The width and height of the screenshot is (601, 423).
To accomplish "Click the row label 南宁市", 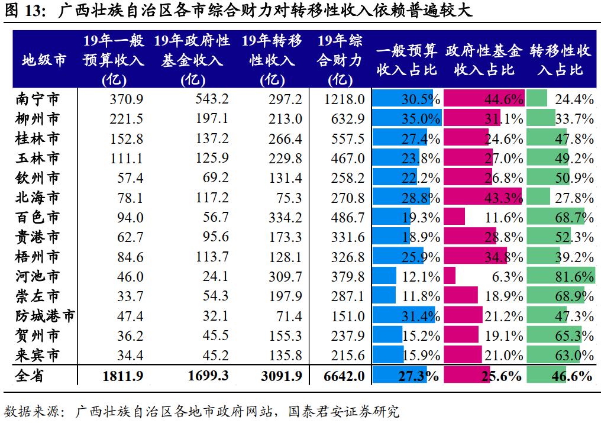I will click(x=37, y=99).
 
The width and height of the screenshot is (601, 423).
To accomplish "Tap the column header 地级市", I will click(x=44, y=60).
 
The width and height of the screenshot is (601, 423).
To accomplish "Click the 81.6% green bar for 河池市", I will click(x=560, y=276).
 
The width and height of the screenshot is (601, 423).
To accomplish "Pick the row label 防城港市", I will click(x=45, y=316).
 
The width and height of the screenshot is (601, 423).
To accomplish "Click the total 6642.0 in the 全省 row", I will click(x=344, y=376).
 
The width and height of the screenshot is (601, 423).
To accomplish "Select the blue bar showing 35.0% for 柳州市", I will click(x=406, y=118).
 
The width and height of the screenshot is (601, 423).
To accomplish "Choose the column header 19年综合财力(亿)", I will click(x=340, y=60).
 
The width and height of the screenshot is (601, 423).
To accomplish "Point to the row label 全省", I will click(x=30, y=376).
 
